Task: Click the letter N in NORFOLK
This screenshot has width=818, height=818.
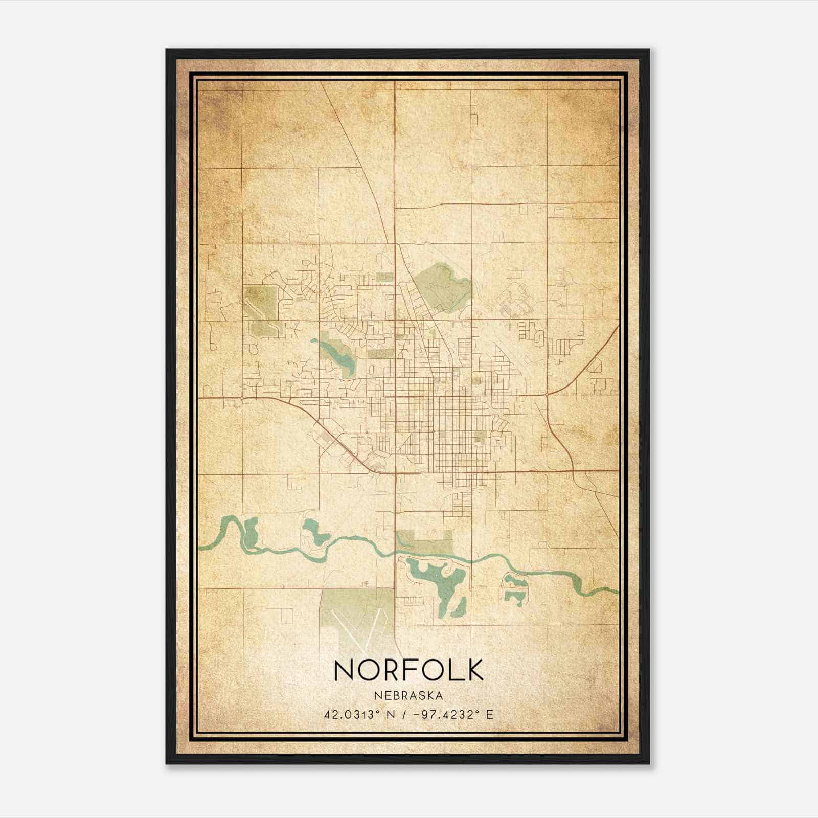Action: pyautogui.click(x=344, y=670)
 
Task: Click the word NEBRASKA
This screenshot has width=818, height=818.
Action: pyautogui.click(x=408, y=695)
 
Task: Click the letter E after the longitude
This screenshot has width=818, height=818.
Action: pyautogui.click(x=490, y=714)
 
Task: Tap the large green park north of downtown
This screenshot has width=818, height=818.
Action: pyautogui.click(x=441, y=286)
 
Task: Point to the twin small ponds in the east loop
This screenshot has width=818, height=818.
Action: pyautogui.click(x=513, y=588)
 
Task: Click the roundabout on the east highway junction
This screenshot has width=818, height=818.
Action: pyautogui.click(x=547, y=395)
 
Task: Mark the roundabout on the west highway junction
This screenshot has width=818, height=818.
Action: pyautogui.click(x=241, y=396)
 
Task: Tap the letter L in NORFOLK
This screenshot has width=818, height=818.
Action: pyautogui.click(x=449, y=670)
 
